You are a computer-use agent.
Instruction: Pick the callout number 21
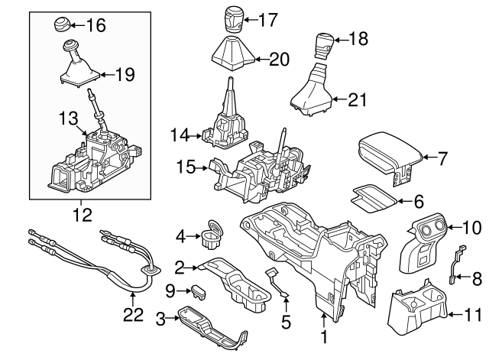[x=356, y=99]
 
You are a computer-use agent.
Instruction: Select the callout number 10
[x=471, y=226]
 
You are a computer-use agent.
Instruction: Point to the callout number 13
[x=69, y=118]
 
